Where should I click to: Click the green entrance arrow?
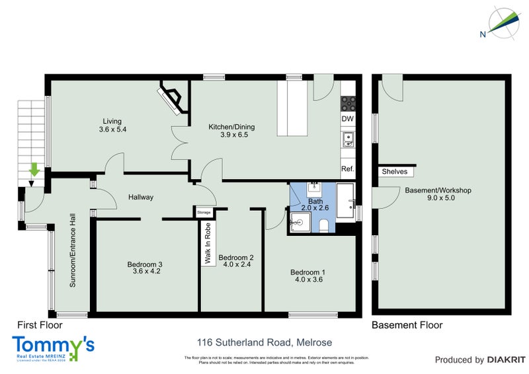[x=34, y=172]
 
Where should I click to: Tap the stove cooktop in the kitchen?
[x=348, y=103]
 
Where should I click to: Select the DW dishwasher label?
[x=347, y=119]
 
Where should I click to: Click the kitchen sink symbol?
[x=348, y=139]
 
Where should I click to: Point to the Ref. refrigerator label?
[x=348, y=169]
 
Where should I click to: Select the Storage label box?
[x=204, y=212]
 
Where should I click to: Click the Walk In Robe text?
[x=208, y=243]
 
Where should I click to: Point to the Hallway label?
[x=141, y=197]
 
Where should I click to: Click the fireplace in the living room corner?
[x=172, y=98]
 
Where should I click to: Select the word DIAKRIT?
[x=506, y=360]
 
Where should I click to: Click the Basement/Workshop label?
[x=438, y=190]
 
